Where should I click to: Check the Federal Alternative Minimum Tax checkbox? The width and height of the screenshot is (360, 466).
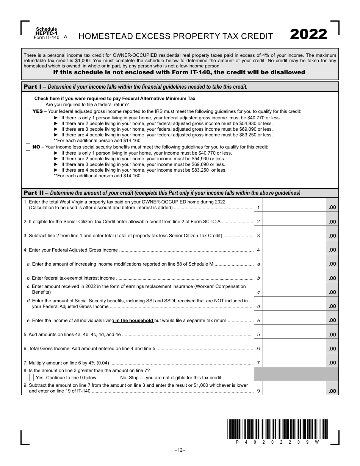[28, 98]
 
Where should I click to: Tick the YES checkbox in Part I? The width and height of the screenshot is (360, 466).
[28, 111]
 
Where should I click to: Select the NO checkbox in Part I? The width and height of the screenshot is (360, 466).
[28, 147]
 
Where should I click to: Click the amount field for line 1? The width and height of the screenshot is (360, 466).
[294, 205]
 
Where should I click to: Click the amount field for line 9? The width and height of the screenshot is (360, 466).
[294, 388]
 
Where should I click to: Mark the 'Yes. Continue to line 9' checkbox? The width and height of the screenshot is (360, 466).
[31, 377]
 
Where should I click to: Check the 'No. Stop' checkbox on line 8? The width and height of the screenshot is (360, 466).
[116, 377]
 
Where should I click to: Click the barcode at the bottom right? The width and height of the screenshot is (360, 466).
[278, 429]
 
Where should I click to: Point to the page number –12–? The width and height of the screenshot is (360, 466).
[180, 450]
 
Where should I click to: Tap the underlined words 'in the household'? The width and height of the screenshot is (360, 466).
[134, 321]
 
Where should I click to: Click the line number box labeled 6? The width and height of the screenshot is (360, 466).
[258, 349]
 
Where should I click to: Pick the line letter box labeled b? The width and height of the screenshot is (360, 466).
[258, 278]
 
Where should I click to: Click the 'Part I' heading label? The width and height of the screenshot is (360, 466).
[33, 87]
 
